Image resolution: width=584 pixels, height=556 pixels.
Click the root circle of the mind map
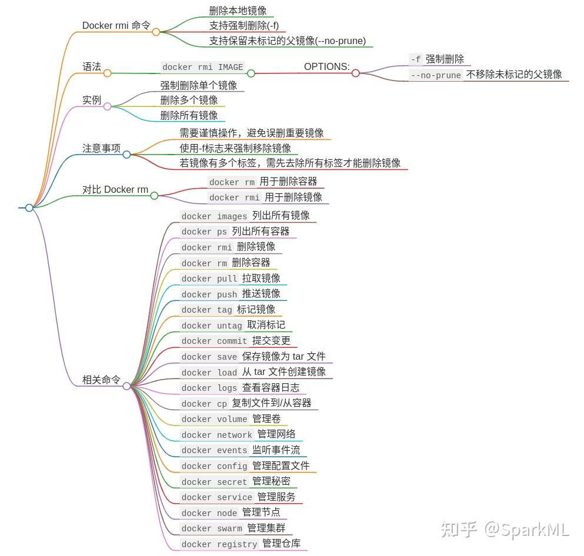[29, 207]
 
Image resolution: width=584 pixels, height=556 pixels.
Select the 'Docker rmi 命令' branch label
[116, 26]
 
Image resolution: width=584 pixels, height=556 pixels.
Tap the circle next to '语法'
[107, 73]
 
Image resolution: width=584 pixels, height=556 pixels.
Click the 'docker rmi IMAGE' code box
[202, 68]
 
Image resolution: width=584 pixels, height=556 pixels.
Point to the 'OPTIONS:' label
[326, 67]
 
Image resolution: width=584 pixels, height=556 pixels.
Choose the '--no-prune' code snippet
[436, 75]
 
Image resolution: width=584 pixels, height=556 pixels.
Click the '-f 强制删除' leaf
[439, 59]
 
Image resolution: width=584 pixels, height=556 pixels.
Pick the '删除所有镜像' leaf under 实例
[189, 115]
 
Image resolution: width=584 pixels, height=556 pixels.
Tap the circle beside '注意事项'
[126, 155]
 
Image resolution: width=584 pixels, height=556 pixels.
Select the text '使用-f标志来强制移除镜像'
[235, 149]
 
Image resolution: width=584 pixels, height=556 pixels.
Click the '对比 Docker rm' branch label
[115, 190]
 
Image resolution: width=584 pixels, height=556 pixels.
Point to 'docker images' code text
[214, 217]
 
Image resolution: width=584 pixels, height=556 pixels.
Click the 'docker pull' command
[209, 279]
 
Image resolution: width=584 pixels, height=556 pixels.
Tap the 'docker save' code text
[209, 357]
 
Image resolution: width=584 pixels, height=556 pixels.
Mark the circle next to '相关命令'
[126, 386]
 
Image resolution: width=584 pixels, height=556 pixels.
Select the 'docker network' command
[216, 436]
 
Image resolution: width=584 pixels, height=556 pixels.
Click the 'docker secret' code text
[214, 483]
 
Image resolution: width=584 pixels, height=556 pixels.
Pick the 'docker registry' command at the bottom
[219, 545]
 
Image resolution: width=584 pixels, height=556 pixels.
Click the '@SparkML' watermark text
[526, 530]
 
